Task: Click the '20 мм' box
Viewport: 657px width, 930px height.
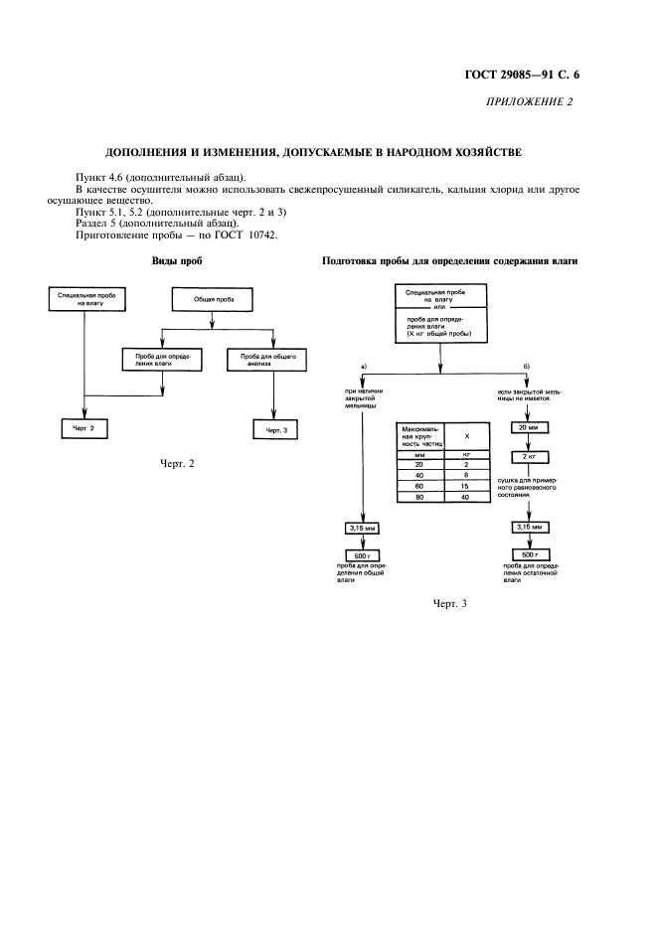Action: pyautogui.click(x=524, y=428)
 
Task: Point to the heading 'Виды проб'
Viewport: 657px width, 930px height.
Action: pyautogui.click(x=176, y=262)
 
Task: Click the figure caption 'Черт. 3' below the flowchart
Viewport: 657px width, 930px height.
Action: pyautogui.click(x=449, y=603)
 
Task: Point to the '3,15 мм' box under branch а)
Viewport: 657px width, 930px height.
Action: pyautogui.click(x=362, y=529)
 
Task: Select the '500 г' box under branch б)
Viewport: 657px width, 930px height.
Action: pyautogui.click(x=524, y=554)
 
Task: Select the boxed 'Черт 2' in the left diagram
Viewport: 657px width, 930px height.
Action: pyautogui.click(x=84, y=428)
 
